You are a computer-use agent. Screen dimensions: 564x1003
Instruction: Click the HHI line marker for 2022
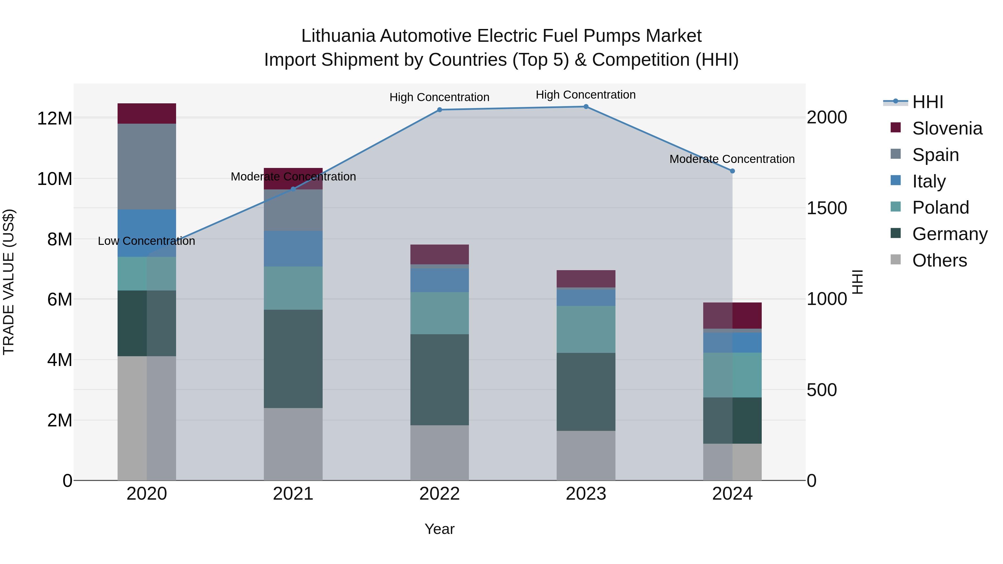(x=440, y=110)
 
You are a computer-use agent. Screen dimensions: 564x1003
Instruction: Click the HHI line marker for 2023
(x=586, y=107)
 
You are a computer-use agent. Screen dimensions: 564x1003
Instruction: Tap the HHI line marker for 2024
(x=732, y=171)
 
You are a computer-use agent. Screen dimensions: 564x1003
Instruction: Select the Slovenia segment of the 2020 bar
(x=147, y=114)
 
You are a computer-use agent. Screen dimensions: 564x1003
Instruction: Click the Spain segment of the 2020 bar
(x=147, y=167)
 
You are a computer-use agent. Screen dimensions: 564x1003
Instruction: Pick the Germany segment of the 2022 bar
(x=440, y=380)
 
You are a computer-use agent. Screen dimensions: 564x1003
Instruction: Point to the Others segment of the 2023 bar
(x=586, y=455)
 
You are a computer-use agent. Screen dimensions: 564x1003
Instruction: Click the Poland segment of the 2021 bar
(x=293, y=288)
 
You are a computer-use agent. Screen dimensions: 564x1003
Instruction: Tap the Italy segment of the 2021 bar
(x=293, y=249)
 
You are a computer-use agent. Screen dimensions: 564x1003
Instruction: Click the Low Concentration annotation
(x=146, y=241)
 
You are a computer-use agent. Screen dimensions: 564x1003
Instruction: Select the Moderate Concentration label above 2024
(x=732, y=159)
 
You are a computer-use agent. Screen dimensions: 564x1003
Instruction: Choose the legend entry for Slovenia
(x=947, y=128)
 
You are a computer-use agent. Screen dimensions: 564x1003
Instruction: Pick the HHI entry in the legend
(x=927, y=102)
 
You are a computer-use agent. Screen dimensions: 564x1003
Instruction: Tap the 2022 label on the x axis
(x=440, y=494)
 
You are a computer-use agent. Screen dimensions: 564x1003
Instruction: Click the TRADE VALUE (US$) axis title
(x=9, y=282)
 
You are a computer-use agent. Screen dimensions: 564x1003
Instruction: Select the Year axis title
(x=440, y=529)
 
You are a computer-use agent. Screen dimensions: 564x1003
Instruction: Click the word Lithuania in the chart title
(x=338, y=36)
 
